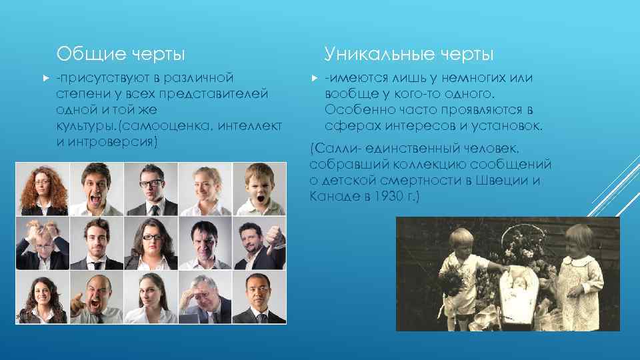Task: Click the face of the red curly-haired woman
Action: pos(43,180)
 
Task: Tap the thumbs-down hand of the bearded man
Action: pos(274,238)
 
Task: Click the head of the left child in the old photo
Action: pos(459,239)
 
